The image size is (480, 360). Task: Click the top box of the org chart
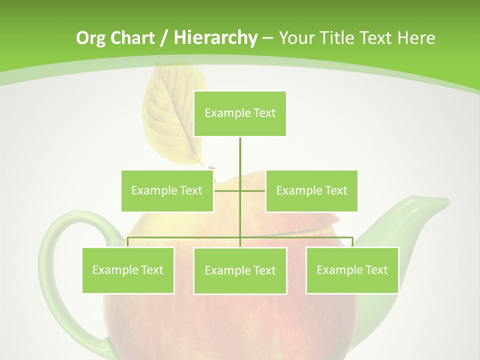(x=240, y=113)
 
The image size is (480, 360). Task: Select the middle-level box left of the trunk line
(x=167, y=190)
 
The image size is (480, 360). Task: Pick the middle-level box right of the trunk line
(x=311, y=190)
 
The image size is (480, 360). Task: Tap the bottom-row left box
(x=128, y=270)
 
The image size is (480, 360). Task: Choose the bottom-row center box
(x=240, y=270)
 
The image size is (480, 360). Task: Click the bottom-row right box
(x=352, y=270)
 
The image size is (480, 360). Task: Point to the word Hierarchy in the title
(x=215, y=38)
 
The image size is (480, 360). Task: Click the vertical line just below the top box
(x=240, y=150)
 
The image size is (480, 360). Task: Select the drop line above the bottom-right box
(x=352, y=242)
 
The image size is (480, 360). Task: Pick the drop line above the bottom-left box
(x=128, y=242)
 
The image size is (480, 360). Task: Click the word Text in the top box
(x=264, y=113)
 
